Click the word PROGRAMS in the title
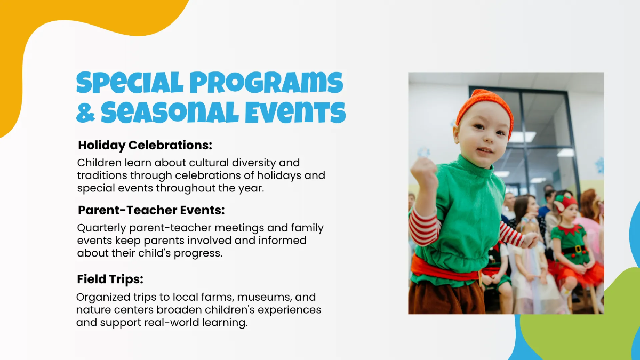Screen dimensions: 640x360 [x=266, y=83]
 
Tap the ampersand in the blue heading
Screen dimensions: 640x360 [x=85, y=113]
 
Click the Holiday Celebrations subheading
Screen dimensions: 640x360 [x=145, y=145]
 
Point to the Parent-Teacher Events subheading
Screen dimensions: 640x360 [x=151, y=210]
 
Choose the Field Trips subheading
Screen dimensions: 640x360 [x=110, y=279]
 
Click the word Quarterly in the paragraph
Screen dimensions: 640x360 [x=101, y=228]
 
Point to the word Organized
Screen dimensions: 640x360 [x=103, y=298]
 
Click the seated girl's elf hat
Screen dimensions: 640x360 [x=565, y=203]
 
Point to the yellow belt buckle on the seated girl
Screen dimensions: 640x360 [x=578, y=249]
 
